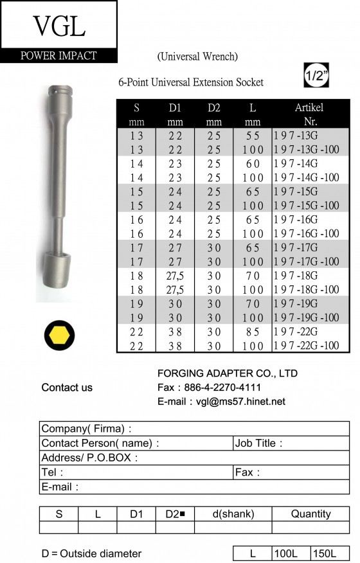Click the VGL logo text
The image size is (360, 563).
59,26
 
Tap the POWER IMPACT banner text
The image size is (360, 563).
59,56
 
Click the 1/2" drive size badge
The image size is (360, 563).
316,75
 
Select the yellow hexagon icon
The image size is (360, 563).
59,335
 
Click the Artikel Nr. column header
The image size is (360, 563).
309,114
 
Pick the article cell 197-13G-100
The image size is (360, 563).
307,149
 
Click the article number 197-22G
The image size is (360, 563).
296,332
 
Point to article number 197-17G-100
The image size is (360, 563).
307,262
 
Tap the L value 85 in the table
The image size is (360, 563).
253,332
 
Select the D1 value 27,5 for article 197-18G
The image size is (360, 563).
175,276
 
